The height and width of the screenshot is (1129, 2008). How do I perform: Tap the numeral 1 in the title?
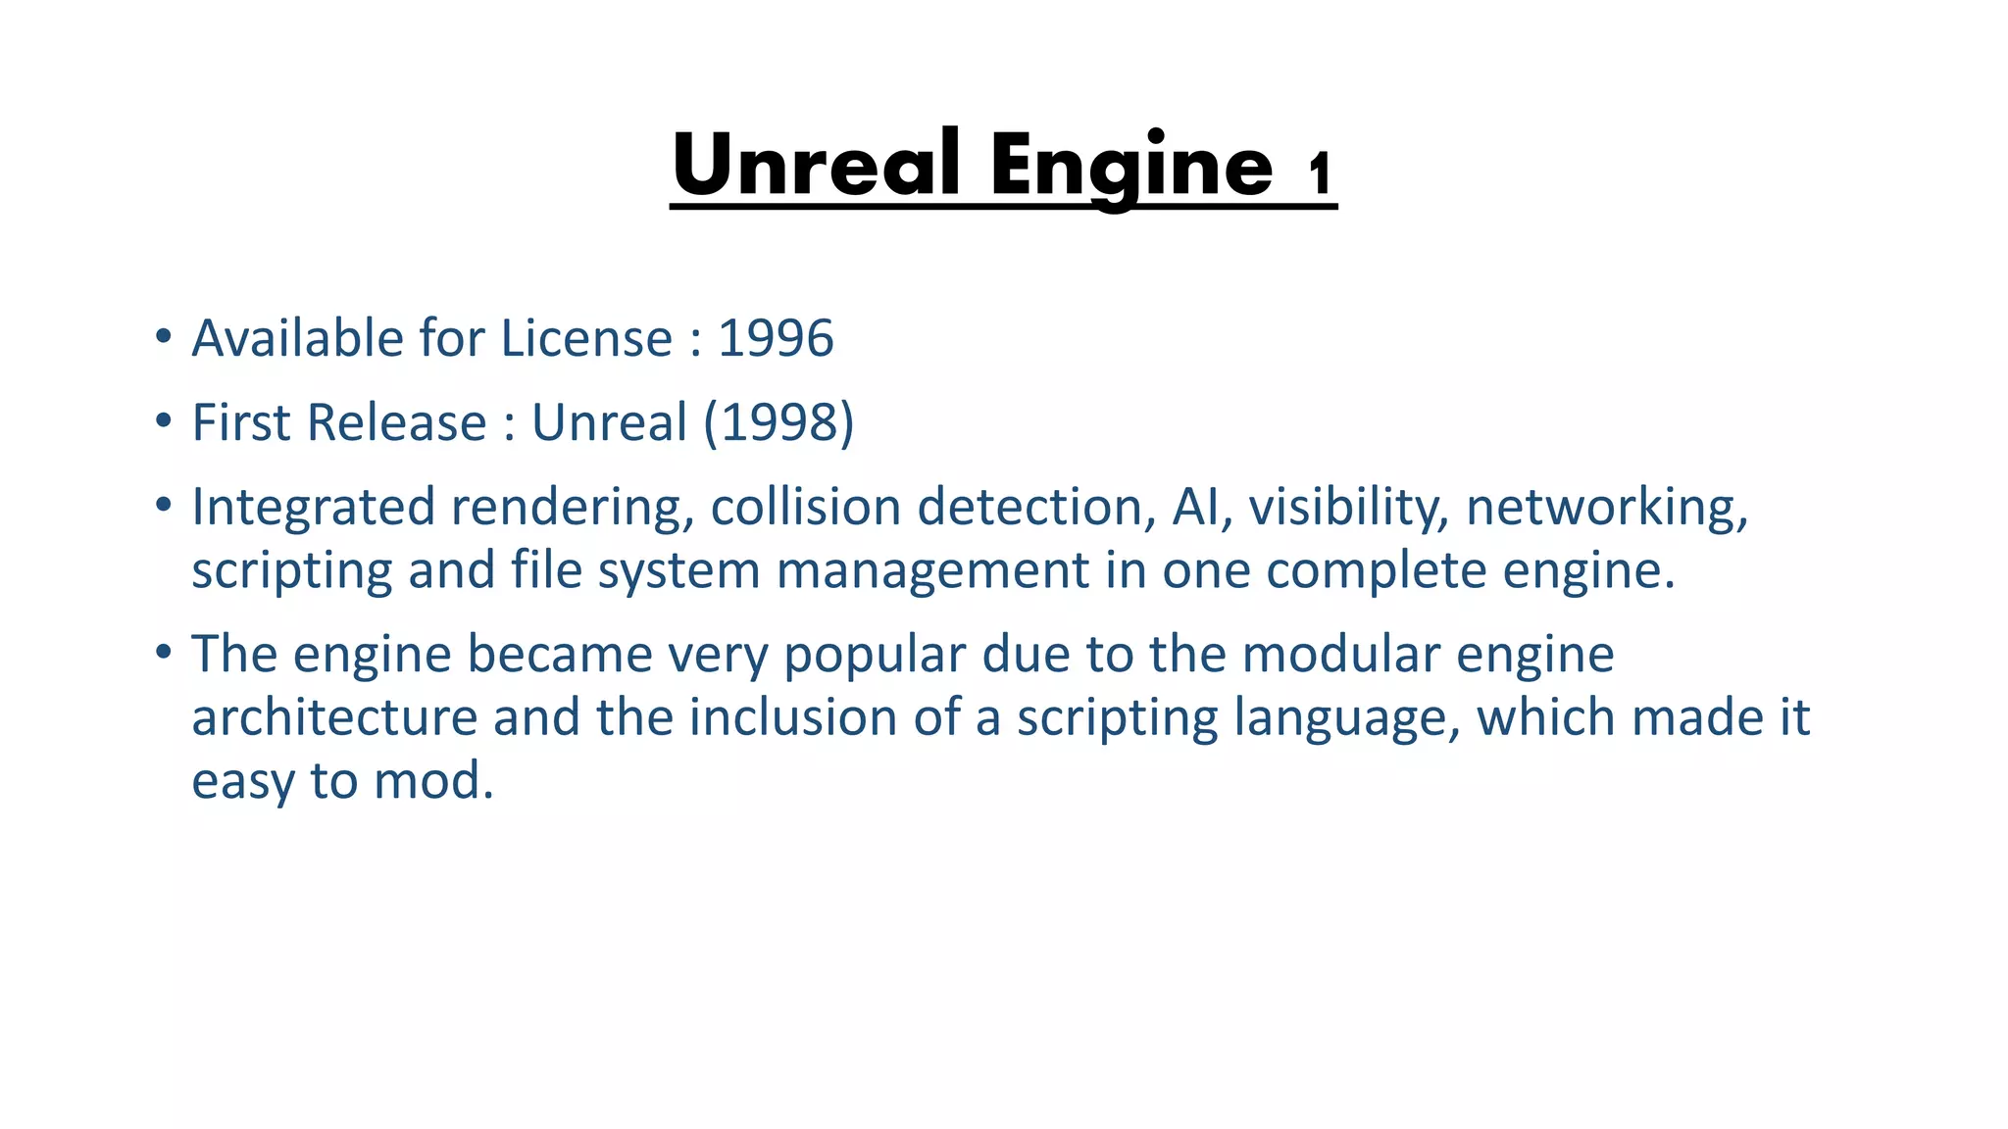1320,174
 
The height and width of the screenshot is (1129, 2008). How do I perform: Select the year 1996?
776,339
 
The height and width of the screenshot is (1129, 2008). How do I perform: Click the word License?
586,339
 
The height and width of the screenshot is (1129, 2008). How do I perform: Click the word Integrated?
313,509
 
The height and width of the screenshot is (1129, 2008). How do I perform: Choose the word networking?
1606,509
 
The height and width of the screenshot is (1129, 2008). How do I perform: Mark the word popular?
875,655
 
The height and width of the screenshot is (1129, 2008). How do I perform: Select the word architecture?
333,717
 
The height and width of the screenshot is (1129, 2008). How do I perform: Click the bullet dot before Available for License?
164,337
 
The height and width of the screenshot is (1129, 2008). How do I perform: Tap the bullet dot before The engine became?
164,652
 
